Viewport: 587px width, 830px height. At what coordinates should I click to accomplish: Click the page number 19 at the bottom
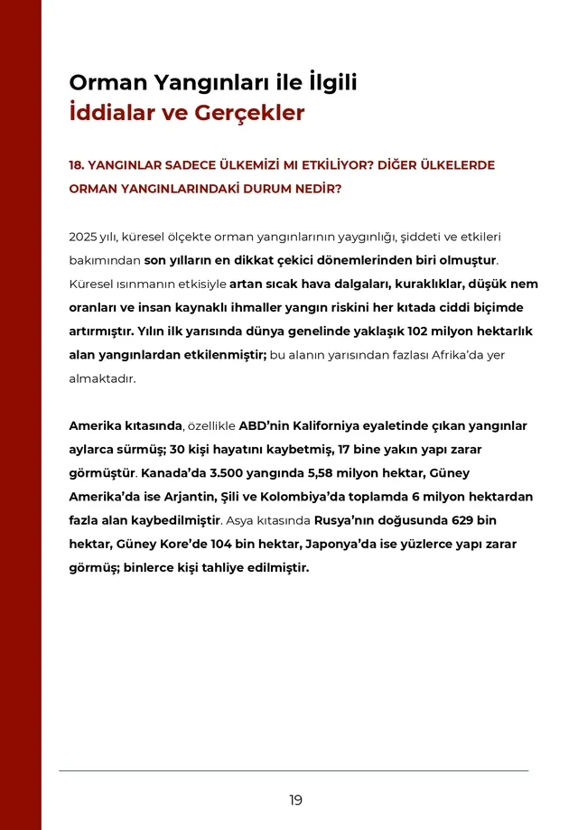296,800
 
